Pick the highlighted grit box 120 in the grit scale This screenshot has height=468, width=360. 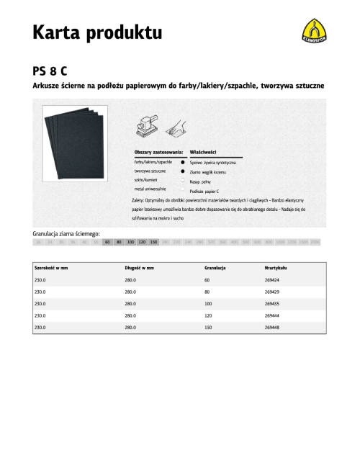pyautogui.click(x=143, y=243)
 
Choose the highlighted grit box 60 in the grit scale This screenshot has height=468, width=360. pyautogui.click(x=107, y=243)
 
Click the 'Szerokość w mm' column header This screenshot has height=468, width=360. pyautogui.click(x=51, y=267)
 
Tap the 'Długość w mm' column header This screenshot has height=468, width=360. pyautogui.click(x=139, y=267)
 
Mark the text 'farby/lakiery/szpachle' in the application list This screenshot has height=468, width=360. pyautogui.click(x=153, y=163)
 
